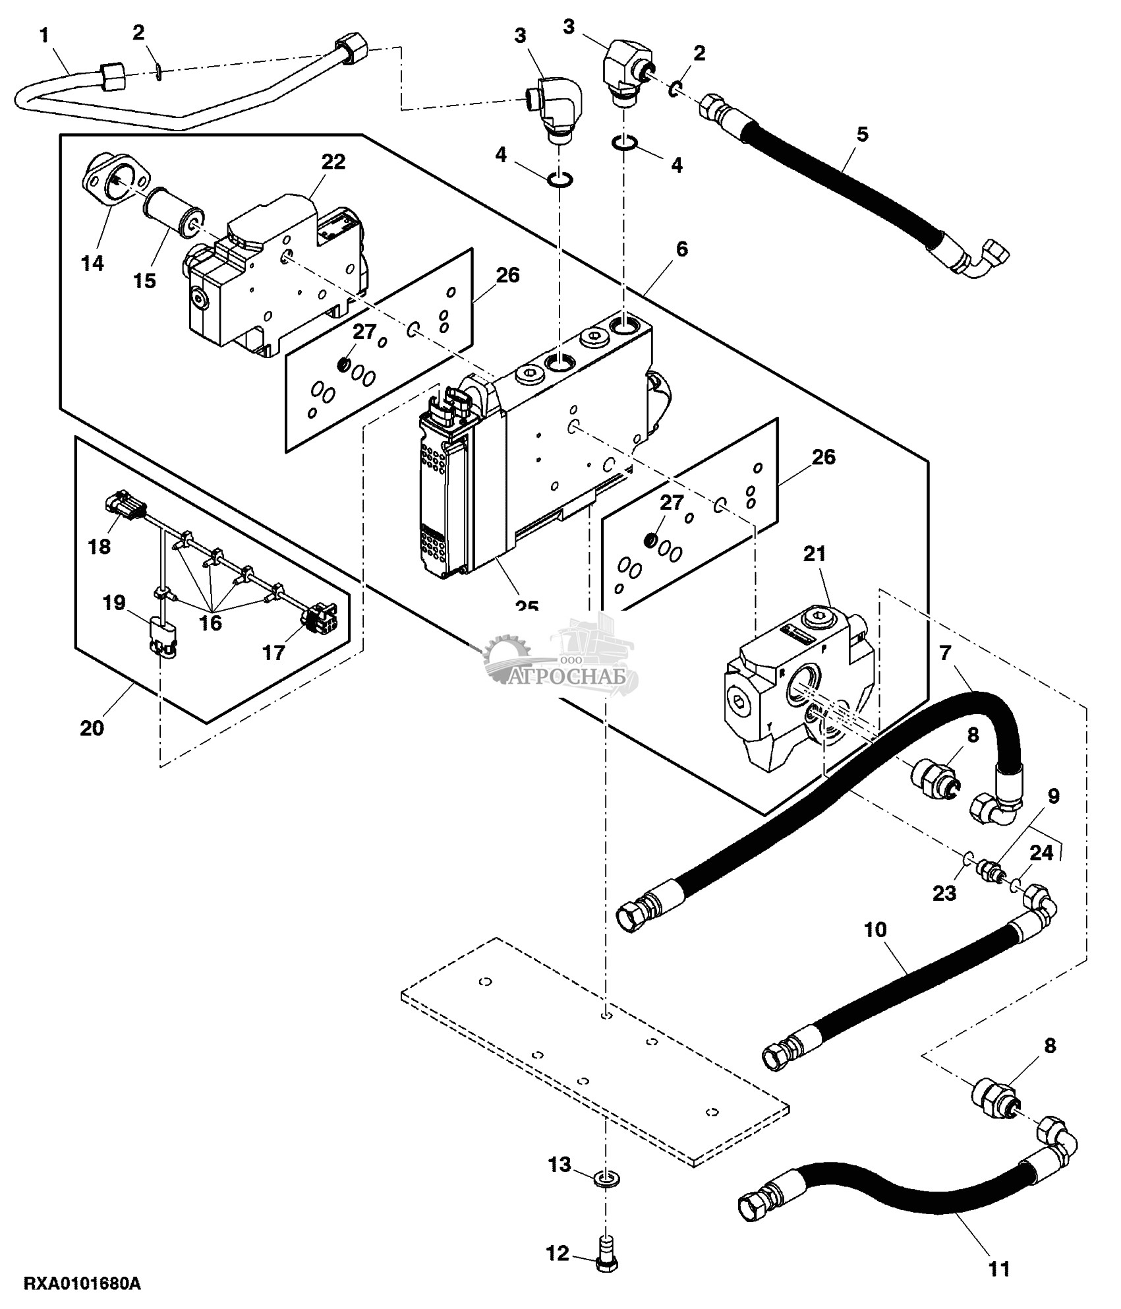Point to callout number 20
92,728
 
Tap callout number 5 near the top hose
862,134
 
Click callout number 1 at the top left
44,34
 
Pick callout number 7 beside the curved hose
946,653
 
